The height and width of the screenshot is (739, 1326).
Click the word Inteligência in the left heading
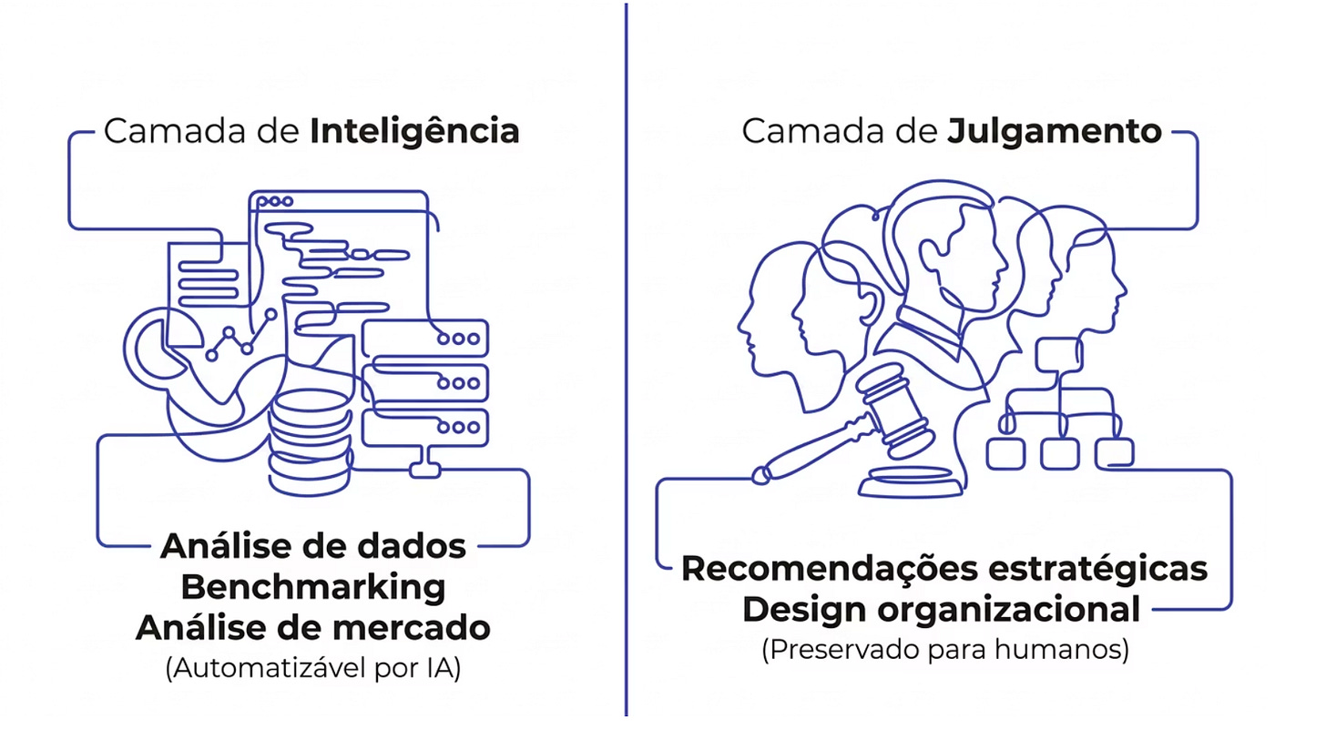[x=414, y=131]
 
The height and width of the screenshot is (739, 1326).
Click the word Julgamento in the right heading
[x=1055, y=131]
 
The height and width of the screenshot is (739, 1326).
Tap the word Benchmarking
[x=313, y=587]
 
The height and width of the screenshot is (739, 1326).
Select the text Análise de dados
[x=313, y=546]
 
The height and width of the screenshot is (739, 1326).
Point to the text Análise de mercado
[x=313, y=627]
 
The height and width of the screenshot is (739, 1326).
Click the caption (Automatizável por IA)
[x=313, y=669]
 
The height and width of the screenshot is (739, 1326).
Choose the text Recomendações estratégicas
[x=944, y=569]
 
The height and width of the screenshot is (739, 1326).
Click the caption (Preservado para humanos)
[x=944, y=651]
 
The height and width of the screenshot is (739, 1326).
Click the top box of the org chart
[x=1057, y=351]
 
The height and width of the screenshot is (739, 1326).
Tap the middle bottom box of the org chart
[x=1059, y=452]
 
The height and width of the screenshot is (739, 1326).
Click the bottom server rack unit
[x=425, y=426]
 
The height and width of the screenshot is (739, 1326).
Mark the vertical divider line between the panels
[x=627, y=364]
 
